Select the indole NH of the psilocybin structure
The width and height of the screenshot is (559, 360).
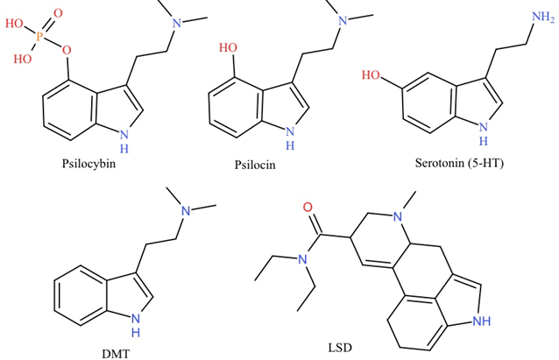click(124, 133)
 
